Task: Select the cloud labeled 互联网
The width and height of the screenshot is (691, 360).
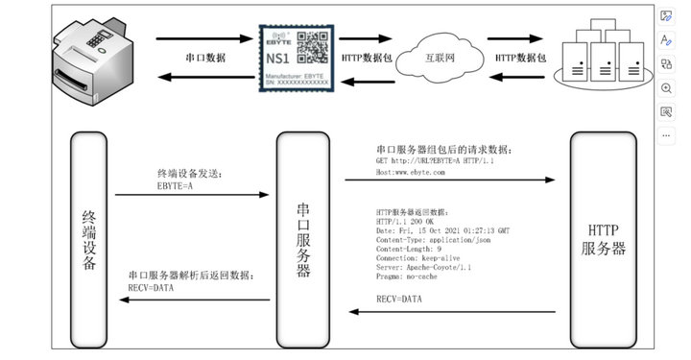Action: point(441,57)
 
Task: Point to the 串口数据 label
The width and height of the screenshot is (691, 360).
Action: point(205,58)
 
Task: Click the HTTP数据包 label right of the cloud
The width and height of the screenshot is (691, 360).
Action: point(520,58)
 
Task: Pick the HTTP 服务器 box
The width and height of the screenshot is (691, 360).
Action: point(604,240)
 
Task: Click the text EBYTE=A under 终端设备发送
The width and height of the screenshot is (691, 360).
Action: point(176,186)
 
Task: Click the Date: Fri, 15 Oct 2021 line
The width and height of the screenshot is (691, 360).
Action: point(442,230)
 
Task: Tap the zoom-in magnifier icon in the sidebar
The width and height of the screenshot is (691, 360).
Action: point(667,87)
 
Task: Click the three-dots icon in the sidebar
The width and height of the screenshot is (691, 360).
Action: point(667,135)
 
